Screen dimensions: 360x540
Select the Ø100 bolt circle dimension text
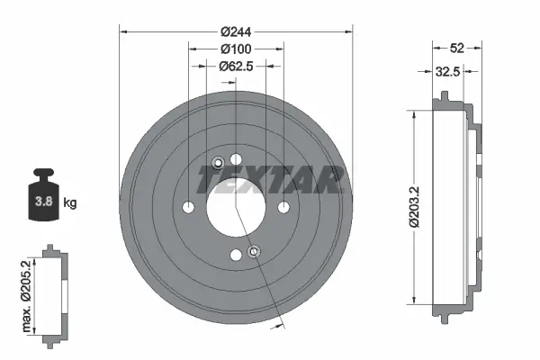(x=236, y=48)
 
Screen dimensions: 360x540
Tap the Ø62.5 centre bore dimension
(x=237, y=66)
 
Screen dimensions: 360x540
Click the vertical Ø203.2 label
(x=416, y=207)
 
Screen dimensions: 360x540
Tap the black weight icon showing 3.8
(x=42, y=194)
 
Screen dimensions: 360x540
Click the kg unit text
(x=70, y=202)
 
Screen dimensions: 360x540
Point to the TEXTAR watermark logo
(x=270, y=180)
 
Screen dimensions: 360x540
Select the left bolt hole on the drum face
(x=188, y=209)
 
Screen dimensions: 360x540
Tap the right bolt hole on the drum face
(x=284, y=208)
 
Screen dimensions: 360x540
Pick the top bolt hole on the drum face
(x=236, y=160)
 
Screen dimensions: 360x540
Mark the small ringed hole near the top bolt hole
(x=218, y=163)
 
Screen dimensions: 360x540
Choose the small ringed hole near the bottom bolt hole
(x=254, y=251)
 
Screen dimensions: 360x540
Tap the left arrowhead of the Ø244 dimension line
(x=123, y=31)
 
